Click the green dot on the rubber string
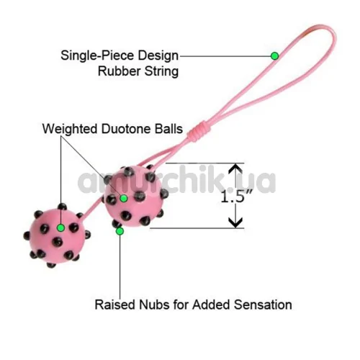pos(274,56)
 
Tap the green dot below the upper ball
pos(120,231)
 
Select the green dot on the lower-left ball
pos(61,228)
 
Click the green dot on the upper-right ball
pos(124,198)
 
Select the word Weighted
pos(70,129)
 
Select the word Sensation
pos(263,305)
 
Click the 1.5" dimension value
pos(236,197)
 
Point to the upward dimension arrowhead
pos(235,169)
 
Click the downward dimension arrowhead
pos(235,222)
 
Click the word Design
pos(158,56)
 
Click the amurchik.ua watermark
pos(176,181)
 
